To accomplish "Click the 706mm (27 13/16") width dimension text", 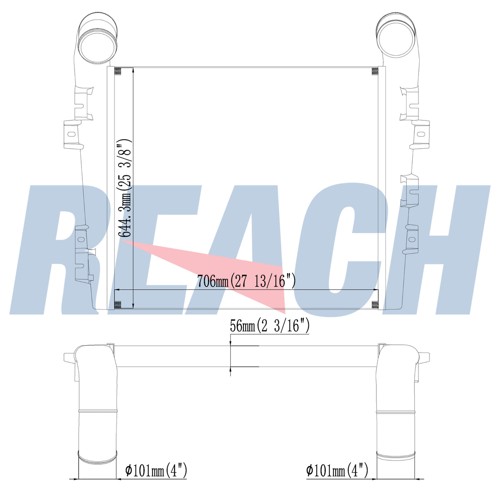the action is click(x=246, y=281).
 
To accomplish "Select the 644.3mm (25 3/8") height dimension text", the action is click(x=125, y=188).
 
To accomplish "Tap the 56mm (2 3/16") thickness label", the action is click(x=270, y=326).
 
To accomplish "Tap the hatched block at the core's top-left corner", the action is click(x=118, y=72).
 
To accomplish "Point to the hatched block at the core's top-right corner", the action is click(x=375, y=72).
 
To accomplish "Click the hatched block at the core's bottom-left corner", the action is click(x=118, y=305).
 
